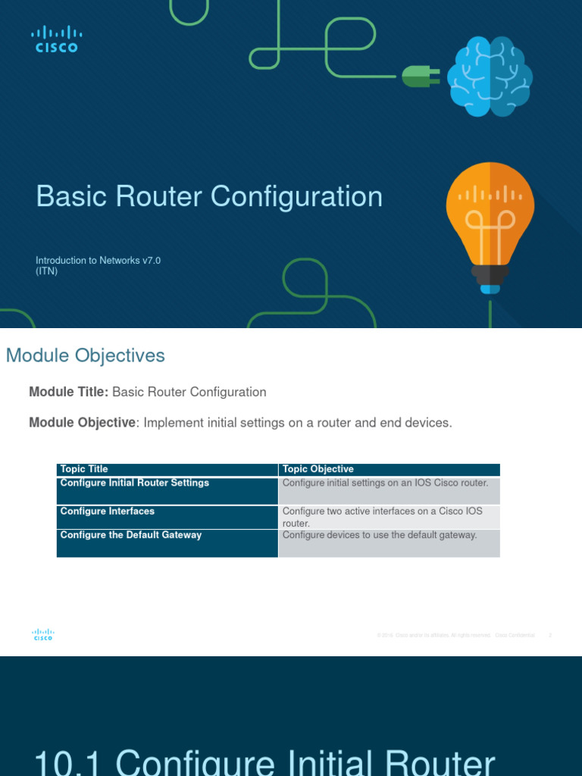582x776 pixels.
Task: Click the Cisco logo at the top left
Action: coord(56,39)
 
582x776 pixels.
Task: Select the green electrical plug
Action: coord(420,76)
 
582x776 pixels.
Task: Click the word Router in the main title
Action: coord(160,197)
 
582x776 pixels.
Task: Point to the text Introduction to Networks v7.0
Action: coord(99,261)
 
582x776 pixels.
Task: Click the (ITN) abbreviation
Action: coord(47,271)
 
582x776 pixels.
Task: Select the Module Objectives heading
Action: coord(86,355)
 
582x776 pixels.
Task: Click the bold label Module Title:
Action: coord(69,393)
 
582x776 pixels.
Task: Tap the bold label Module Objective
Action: coord(82,423)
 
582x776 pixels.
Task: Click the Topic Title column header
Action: coord(84,470)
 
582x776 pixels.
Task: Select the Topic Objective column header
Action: coord(318,470)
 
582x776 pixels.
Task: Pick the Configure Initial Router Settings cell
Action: coord(135,483)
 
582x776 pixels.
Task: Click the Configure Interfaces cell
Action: coord(108,512)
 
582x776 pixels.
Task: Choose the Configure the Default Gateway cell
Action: coord(131,535)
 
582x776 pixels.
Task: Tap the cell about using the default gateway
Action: coord(380,535)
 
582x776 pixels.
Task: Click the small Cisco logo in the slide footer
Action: coord(42,635)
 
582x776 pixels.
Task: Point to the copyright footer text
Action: coord(455,635)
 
